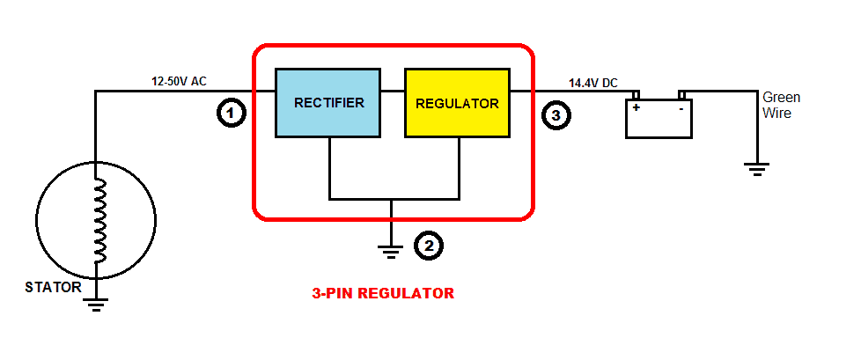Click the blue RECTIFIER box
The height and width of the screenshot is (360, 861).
click(x=328, y=103)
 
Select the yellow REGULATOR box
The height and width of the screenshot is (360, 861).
click(x=457, y=103)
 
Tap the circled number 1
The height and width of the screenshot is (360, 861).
click(x=230, y=114)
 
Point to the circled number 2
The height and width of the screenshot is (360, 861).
click(x=428, y=246)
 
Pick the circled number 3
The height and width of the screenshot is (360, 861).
click(x=555, y=114)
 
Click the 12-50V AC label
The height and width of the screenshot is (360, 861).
click(x=179, y=81)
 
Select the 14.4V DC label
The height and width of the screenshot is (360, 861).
click(x=592, y=83)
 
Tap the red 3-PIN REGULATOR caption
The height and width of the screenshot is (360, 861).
click(x=383, y=293)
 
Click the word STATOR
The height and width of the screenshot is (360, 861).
click(x=54, y=287)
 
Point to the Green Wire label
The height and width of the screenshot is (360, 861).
click(x=780, y=105)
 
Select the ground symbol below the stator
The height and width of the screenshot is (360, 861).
click(x=96, y=305)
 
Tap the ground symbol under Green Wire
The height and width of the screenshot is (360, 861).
click(x=756, y=168)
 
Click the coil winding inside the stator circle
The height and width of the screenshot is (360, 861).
click(x=99, y=220)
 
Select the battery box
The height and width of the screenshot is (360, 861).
click(x=659, y=119)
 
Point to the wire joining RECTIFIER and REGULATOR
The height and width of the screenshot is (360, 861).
click(x=393, y=91)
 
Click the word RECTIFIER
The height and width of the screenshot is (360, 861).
click(x=328, y=103)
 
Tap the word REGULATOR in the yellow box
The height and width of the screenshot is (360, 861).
click(x=457, y=103)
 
